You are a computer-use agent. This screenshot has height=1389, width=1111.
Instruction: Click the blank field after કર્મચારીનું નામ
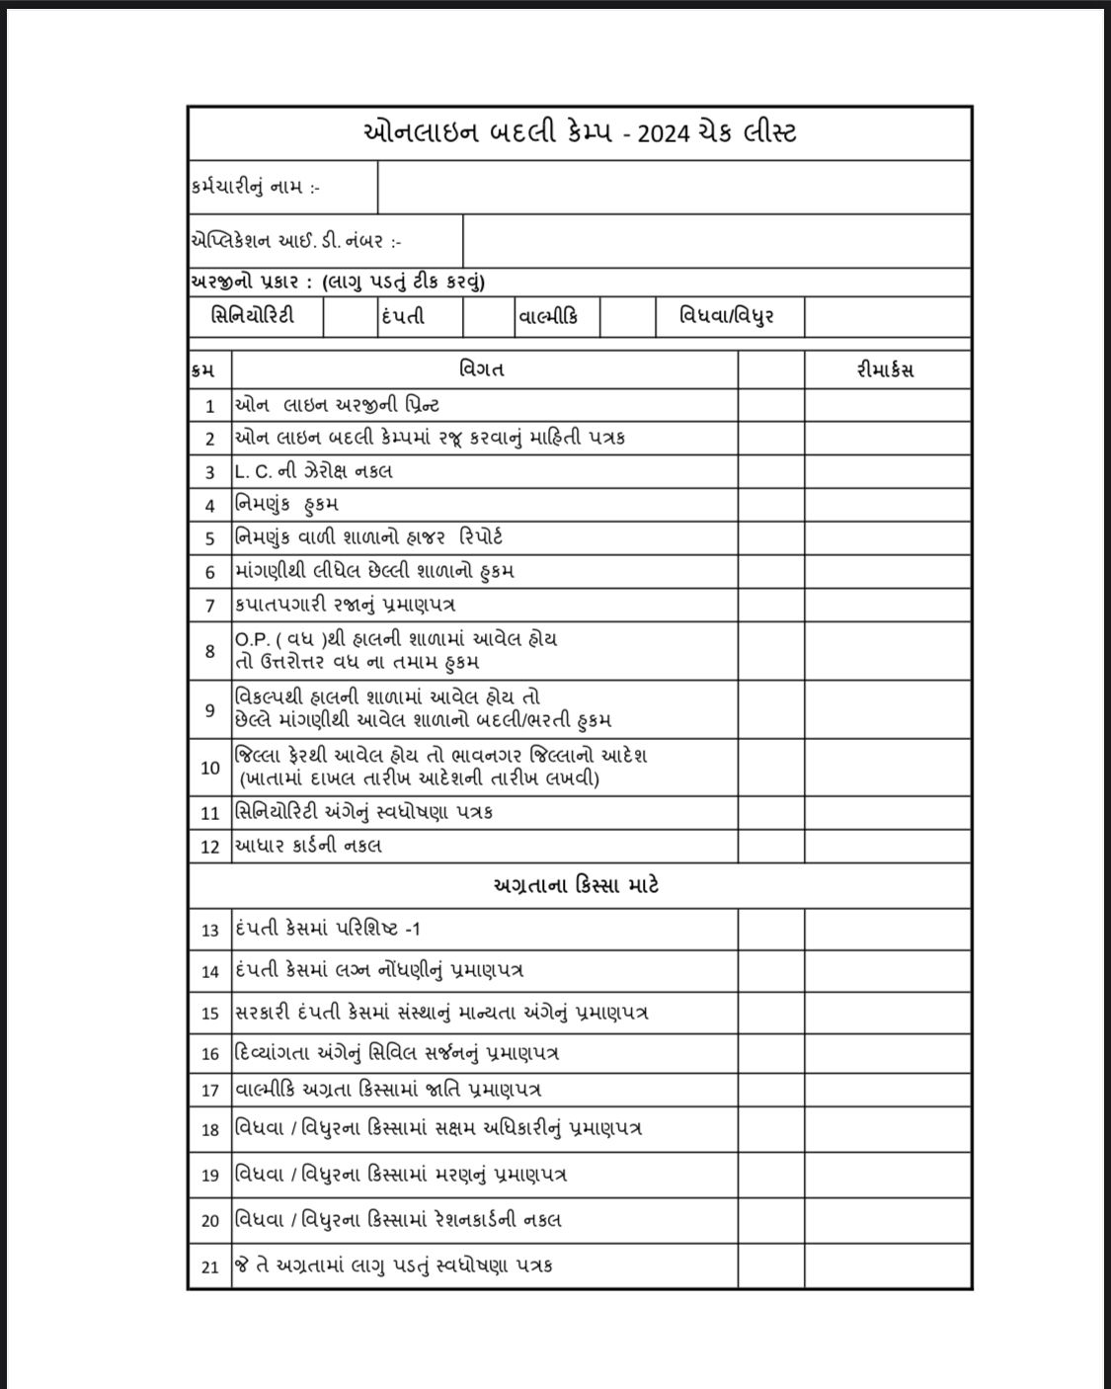click(674, 187)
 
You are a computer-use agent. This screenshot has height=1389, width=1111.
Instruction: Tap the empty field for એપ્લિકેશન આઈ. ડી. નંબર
click(716, 240)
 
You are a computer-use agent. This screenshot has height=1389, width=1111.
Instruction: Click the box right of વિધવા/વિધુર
click(887, 317)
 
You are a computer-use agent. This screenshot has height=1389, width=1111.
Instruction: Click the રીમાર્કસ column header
click(886, 370)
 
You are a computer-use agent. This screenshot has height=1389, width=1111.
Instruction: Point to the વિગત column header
click(483, 370)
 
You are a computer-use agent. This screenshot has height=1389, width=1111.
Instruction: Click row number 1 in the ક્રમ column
click(209, 406)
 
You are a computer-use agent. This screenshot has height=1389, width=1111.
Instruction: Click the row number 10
click(209, 768)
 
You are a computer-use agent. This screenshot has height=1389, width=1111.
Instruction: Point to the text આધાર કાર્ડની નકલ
click(308, 846)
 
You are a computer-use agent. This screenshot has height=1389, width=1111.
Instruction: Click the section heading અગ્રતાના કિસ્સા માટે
click(576, 885)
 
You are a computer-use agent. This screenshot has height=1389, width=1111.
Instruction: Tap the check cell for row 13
click(770, 929)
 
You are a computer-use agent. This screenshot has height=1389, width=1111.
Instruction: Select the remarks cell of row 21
click(887, 1265)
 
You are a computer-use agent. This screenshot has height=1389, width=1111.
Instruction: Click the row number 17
click(209, 1091)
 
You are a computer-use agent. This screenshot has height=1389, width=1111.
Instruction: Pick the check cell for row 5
click(770, 537)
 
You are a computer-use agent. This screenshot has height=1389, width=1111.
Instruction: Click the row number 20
click(209, 1221)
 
